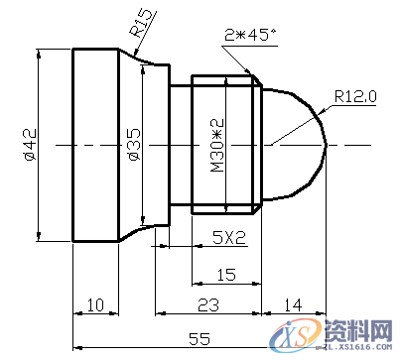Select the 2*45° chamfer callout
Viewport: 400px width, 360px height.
(x=250, y=35)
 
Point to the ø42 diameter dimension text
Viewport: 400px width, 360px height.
(x=29, y=144)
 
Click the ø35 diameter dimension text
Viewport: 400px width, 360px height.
(x=133, y=144)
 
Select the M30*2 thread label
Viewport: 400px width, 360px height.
(x=218, y=144)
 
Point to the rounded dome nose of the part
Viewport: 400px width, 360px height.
(x=303, y=144)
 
